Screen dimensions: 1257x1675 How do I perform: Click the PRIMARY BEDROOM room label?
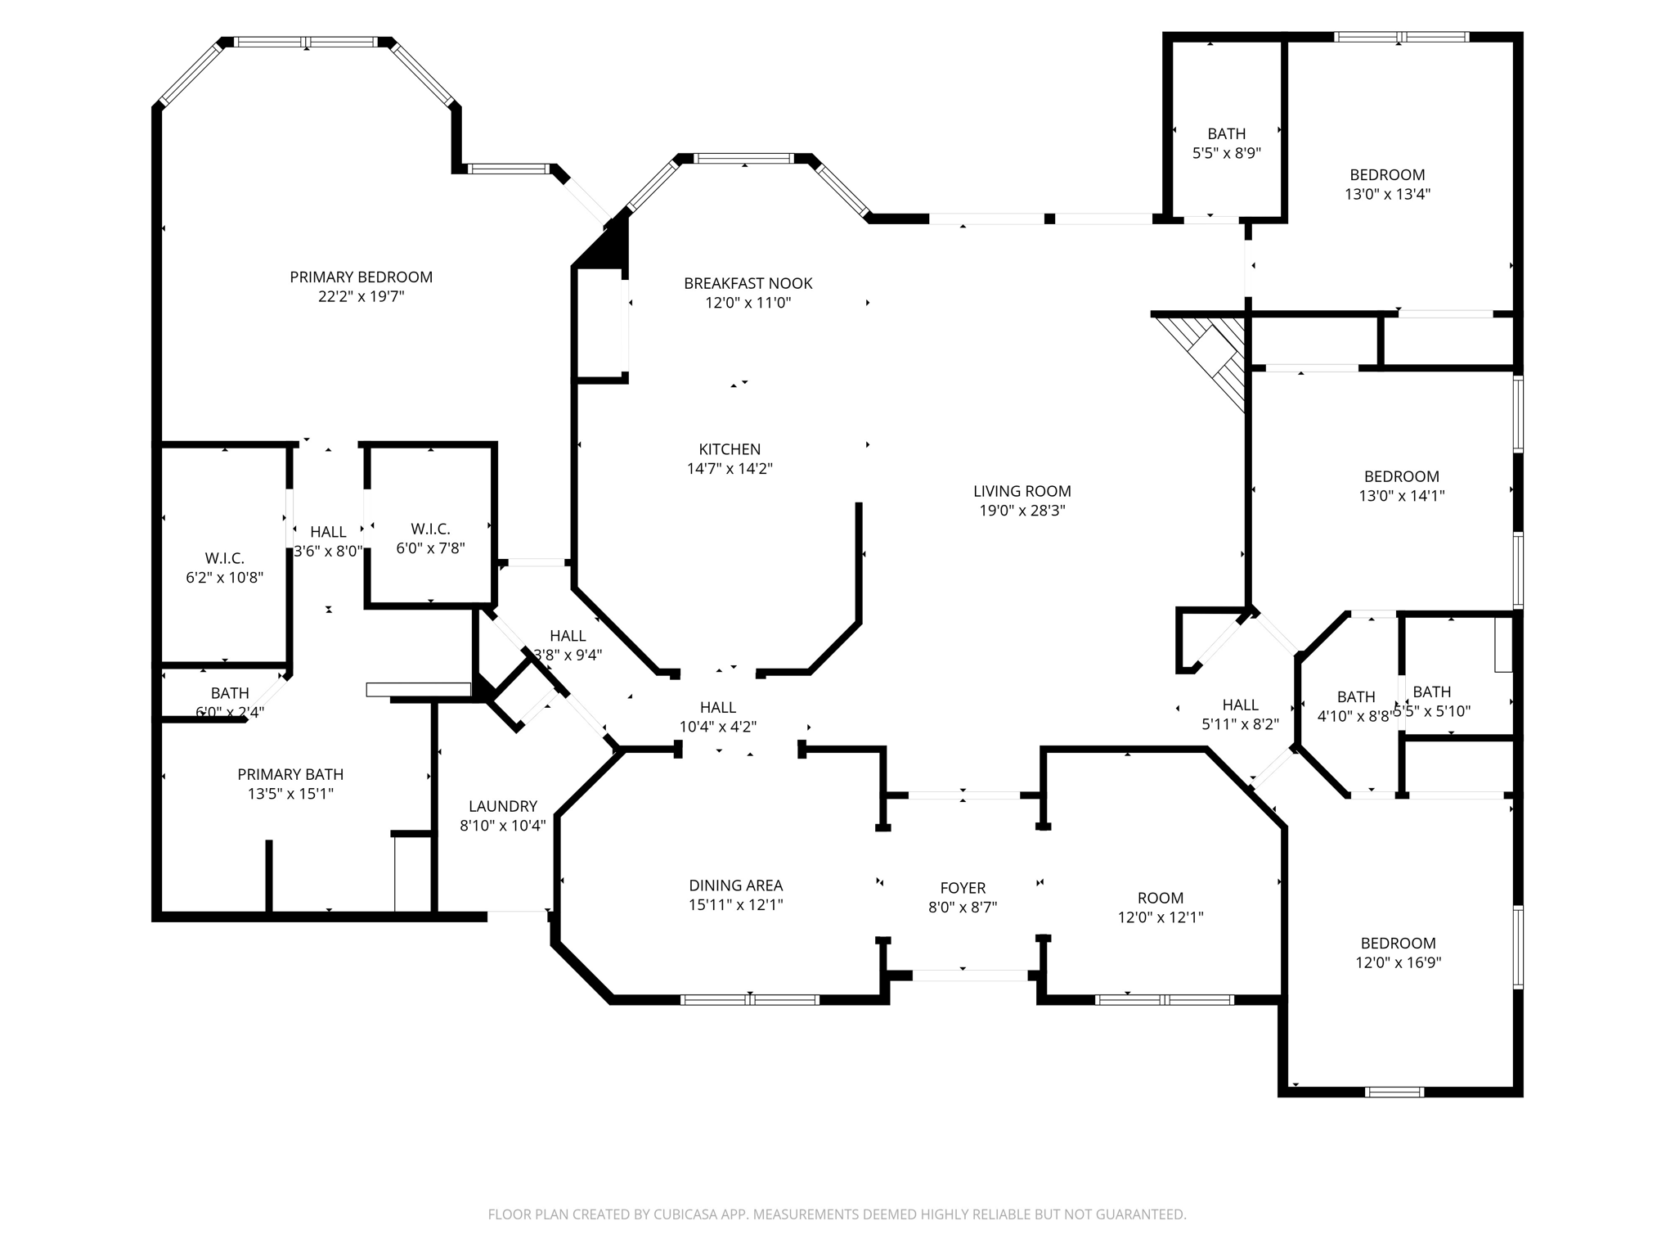tap(361, 277)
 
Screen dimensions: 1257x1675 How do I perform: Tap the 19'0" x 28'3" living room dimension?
tap(1022, 511)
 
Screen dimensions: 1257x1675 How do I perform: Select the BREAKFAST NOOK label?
tap(748, 283)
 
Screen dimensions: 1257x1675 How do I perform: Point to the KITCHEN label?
tap(730, 449)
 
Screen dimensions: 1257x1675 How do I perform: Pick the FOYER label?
tap(963, 888)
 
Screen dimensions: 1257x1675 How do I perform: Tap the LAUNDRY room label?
tap(502, 806)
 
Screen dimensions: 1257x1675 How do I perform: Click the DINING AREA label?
tap(735, 885)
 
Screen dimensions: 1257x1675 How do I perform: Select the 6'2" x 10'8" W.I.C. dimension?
tap(224, 578)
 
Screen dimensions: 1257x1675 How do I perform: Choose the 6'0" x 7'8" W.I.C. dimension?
tap(430, 548)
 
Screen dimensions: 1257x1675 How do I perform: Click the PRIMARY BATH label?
tap(290, 774)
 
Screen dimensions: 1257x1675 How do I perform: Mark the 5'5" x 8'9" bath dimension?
tap(1226, 153)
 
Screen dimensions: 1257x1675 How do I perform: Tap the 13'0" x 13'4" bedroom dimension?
tap(1387, 194)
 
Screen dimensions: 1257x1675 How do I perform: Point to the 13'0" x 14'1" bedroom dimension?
tap(1401, 496)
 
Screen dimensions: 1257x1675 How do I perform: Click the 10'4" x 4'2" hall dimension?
tap(717, 727)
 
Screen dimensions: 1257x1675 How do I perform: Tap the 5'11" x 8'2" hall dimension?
tap(1240, 724)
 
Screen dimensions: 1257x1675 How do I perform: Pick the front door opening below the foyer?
tap(969, 975)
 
